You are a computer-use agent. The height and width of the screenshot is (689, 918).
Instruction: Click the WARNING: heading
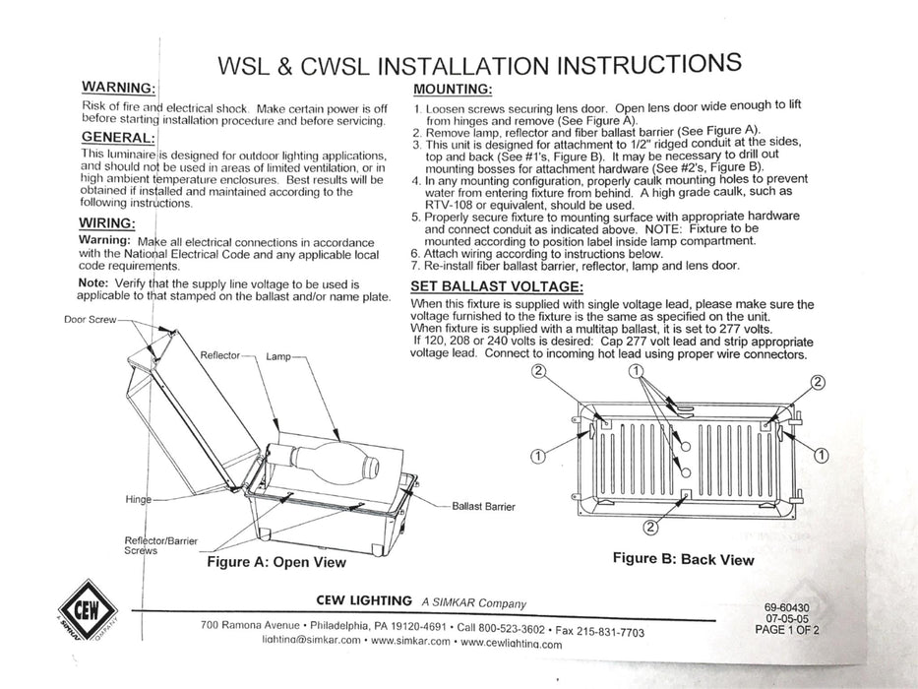[x=116, y=88]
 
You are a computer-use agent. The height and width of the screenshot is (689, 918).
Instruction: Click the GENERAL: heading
[x=116, y=137]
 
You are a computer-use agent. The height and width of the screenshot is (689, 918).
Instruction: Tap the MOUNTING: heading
[x=455, y=90]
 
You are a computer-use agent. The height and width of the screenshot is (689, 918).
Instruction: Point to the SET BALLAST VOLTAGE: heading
[x=496, y=286]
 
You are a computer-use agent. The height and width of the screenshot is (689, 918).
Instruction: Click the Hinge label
[x=139, y=499]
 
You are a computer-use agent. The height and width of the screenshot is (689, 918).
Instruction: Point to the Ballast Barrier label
[x=483, y=506]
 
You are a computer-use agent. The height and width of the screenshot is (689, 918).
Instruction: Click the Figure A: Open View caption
[x=275, y=562]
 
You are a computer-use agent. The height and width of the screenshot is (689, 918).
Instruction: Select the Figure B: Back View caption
[x=683, y=559]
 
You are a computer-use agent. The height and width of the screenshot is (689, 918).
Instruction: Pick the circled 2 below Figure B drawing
[x=650, y=526]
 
